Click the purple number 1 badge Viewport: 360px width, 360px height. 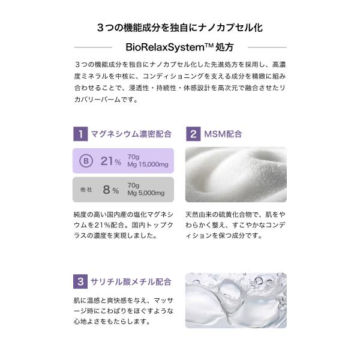(80, 134)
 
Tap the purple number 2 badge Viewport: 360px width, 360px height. (193, 134)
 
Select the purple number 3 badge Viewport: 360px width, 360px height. (80, 281)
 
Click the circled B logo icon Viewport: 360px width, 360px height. (86, 161)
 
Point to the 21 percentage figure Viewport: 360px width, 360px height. (111, 161)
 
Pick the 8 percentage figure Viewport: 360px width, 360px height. (111, 190)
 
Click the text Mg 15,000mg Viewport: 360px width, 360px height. (148, 164)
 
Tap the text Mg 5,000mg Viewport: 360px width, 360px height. (146, 193)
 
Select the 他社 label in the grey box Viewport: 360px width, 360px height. (86, 190)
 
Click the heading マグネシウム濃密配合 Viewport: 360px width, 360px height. (131, 134)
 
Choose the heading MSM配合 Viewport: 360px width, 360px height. (223, 134)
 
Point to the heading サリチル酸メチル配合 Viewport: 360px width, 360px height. (131, 281)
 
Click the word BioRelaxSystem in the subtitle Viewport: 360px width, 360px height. (165, 47)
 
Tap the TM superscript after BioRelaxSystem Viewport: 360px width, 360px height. (209, 45)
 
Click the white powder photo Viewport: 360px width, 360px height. (236, 175)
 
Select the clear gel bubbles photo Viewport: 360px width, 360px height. (236, 301)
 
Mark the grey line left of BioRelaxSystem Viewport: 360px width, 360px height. (93, 47)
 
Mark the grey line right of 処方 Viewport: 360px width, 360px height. (267, 47)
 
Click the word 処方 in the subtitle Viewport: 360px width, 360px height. (224, 47)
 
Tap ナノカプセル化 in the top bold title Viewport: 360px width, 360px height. (230, 28)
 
